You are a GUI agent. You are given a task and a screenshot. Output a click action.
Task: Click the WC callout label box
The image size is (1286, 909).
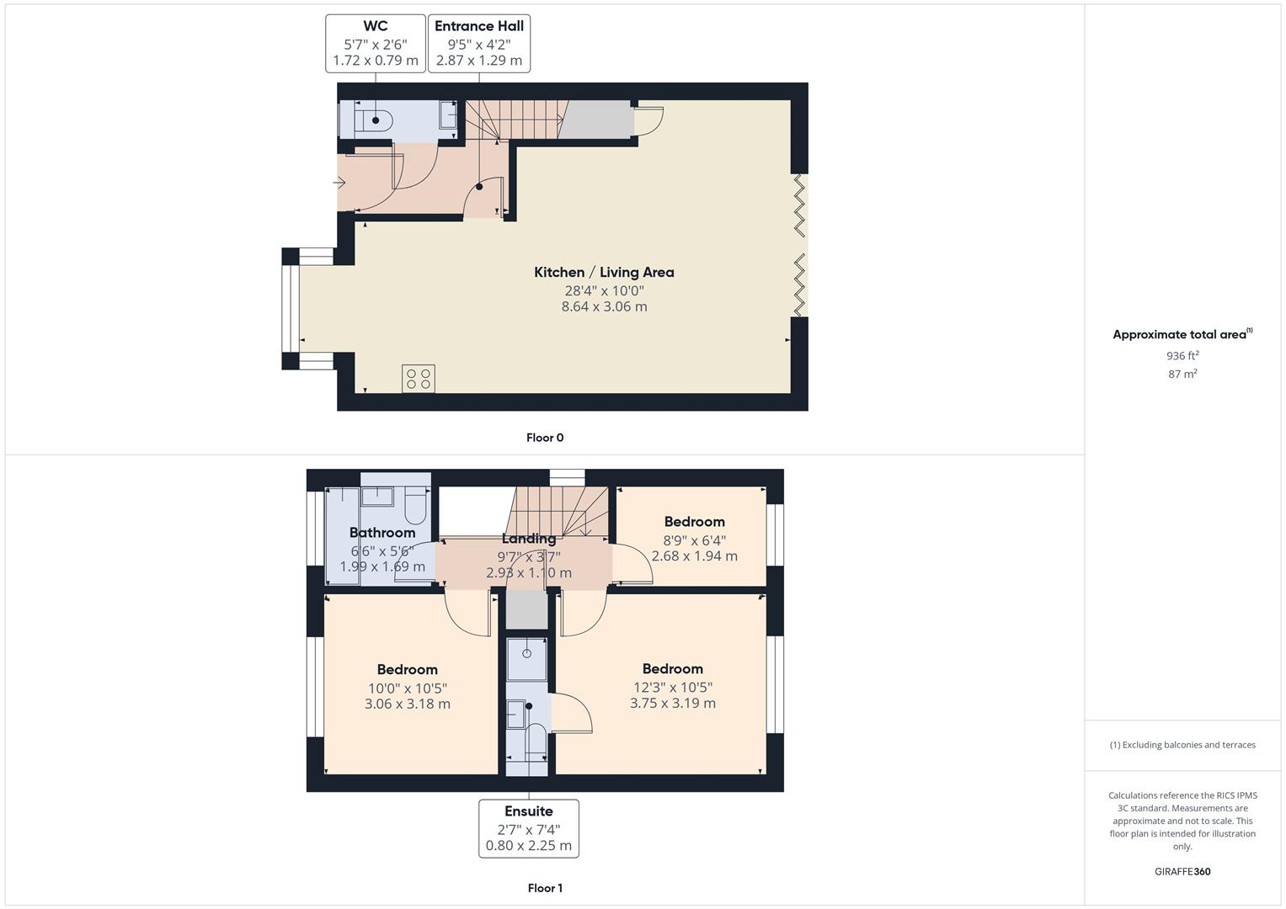[375, 43]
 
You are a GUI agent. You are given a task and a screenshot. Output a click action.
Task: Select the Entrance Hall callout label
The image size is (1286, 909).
[478, 43]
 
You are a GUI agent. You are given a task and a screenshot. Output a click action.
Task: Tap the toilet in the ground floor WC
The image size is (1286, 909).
[373, 120]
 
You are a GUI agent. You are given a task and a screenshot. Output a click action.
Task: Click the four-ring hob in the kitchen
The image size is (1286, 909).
[419, 379]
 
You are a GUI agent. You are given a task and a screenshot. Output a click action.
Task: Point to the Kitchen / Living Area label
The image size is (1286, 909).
[604, 272]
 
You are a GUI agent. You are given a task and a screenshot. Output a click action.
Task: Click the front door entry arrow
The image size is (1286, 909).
[341, 183]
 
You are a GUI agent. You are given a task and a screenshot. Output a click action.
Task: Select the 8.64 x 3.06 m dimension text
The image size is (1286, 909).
[604, 306]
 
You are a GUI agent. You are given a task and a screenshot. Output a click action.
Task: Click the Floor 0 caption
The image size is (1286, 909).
[544, 438]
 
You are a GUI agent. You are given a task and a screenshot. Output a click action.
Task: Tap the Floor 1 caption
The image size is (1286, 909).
[544, 888]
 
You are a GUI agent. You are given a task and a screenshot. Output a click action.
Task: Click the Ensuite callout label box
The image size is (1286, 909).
[528, 828]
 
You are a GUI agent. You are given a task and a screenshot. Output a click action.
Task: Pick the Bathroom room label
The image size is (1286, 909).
[382, 532]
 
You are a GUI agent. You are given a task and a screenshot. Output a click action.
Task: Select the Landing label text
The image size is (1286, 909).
[528, 539]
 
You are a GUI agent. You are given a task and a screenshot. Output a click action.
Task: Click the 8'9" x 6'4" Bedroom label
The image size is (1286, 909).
[694, 522]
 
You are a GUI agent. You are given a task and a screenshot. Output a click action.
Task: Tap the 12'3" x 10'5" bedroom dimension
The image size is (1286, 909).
[672, 687]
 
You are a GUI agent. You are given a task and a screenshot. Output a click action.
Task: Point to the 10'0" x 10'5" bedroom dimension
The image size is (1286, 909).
[407, 688]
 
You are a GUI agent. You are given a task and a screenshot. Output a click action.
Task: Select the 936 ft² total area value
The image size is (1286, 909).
[1182, 356]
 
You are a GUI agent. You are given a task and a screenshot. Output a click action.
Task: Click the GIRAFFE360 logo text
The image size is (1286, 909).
[1182, 872]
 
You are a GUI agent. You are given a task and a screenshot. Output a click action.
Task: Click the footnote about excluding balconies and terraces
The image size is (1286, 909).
[1182, 745]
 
